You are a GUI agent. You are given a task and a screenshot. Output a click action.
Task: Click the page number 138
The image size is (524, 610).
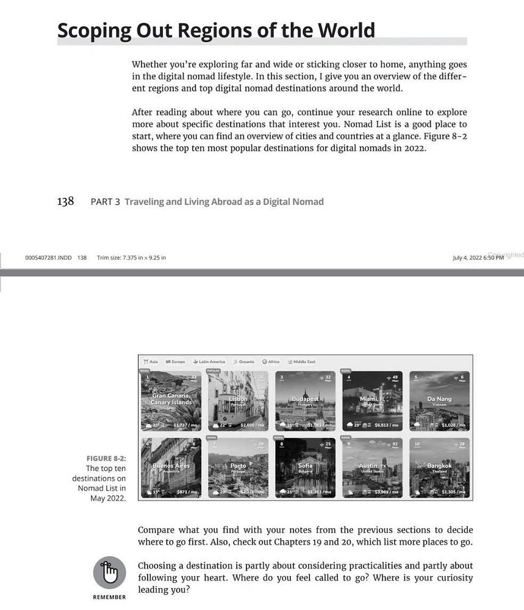(x=65, y=201)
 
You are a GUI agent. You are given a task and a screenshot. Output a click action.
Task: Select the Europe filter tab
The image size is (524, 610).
(x=175, y=362)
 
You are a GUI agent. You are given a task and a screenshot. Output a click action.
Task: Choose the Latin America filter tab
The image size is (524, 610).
(x=209, y=362)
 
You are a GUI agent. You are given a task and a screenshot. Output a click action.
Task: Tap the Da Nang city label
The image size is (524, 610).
(x=439, y=399)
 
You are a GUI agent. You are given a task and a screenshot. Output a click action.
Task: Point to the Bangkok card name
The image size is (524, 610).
(x=439, y=465)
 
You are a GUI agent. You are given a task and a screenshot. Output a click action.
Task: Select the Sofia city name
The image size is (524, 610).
(x=305, y=465)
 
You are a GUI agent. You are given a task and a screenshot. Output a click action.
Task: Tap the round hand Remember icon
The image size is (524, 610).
(x=109, y=573)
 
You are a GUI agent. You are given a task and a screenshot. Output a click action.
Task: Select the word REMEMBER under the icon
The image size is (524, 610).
(x=109, y=597)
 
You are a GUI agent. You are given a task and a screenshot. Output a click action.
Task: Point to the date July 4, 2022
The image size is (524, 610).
(x=467, y=257)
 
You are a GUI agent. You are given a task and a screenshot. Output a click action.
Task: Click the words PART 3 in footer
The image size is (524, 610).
(x=104, y=202)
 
